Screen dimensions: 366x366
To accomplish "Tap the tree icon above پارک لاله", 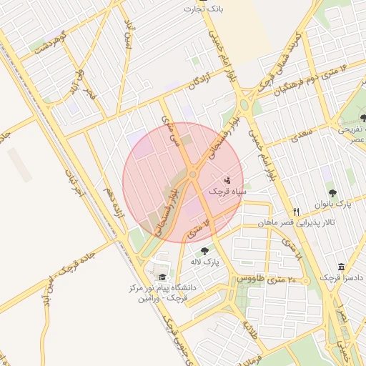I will tap(205, 250).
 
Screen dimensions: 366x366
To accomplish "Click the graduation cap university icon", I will tap(162, 277).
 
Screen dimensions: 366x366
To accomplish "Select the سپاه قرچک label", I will tap(227, 192).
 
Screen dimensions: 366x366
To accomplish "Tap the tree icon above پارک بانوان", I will tap(332, 192).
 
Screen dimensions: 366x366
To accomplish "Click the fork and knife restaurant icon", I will tap(297, 212).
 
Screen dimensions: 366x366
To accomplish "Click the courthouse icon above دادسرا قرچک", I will tap(341, 266).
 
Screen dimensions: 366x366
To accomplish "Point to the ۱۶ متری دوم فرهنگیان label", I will tap(312, 79).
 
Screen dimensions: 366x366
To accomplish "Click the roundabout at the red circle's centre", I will tap(192, 175).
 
